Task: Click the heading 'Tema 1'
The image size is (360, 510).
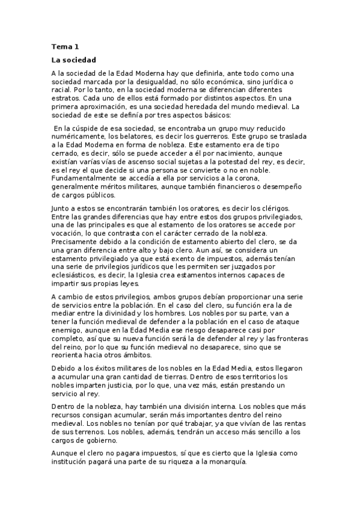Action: pos(65,46)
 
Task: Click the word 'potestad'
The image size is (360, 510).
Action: pos(233,162)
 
